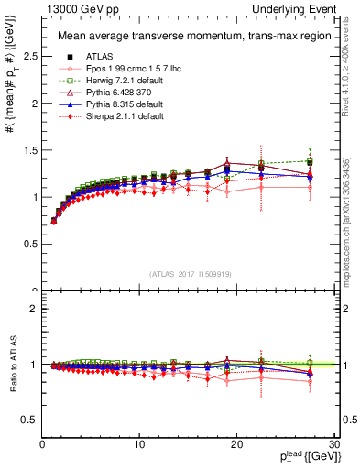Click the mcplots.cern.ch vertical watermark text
pos(352,220)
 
